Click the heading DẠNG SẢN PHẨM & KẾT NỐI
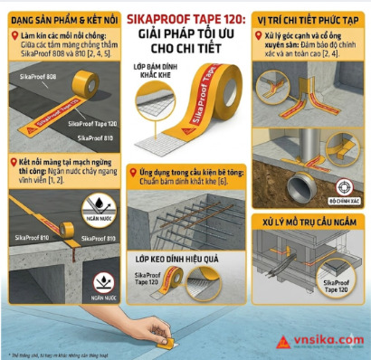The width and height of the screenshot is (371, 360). (x=62, y=18)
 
